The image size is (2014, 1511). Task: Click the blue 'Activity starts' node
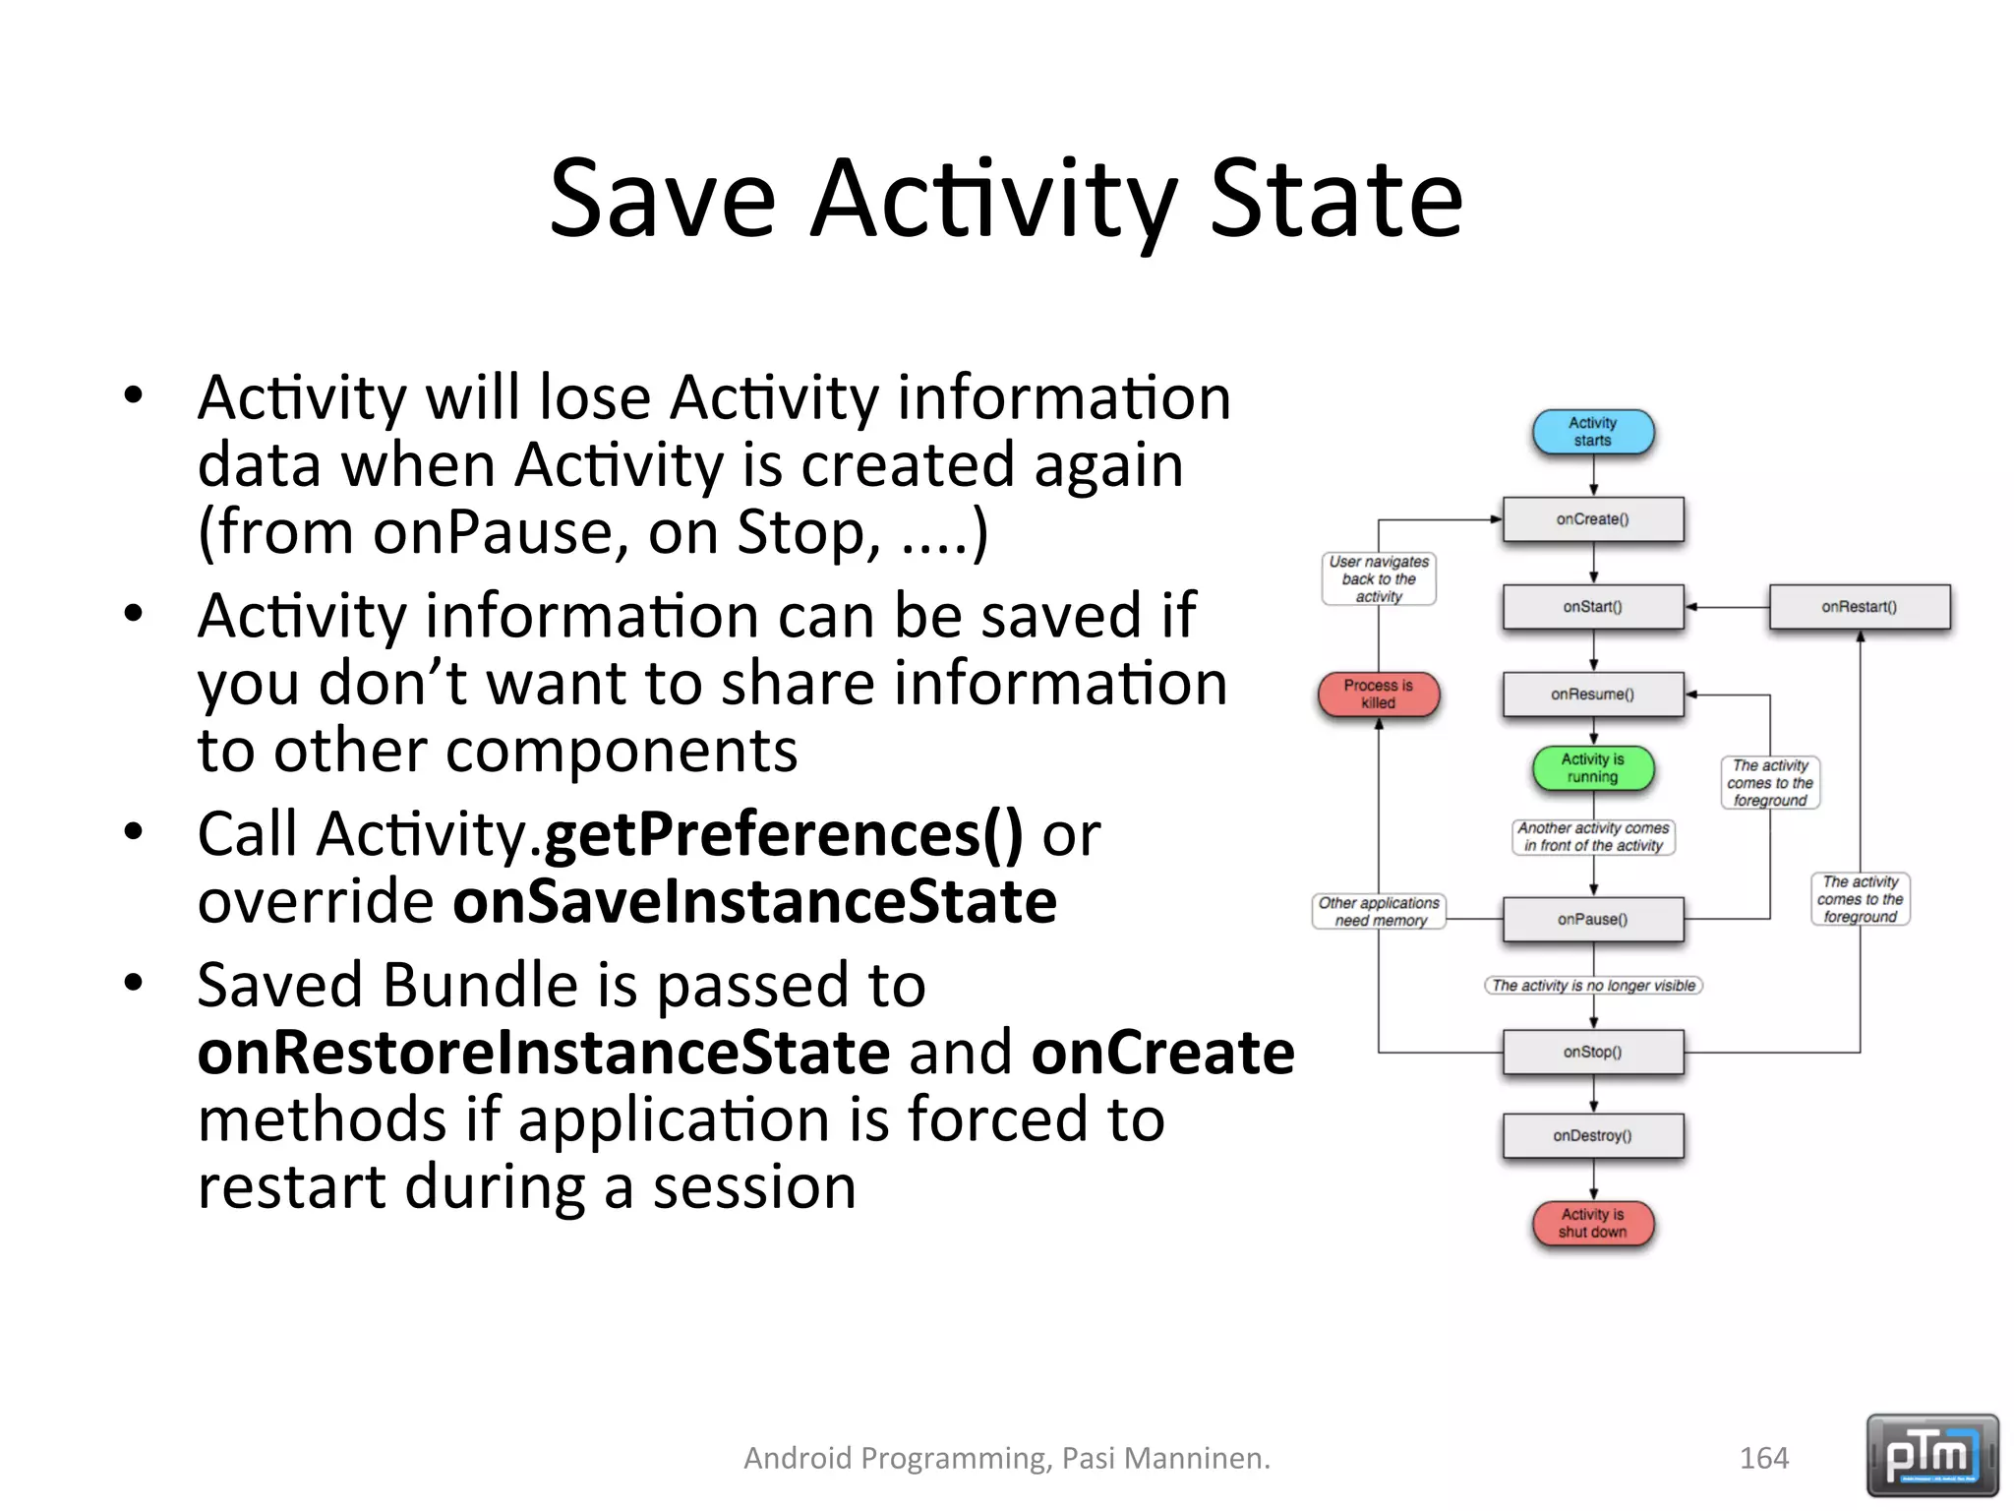click(1592, 432)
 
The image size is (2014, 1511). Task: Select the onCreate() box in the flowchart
click(1592, 519)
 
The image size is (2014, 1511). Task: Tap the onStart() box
click(1592, 607)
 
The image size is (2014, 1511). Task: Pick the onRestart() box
click(1859, 607)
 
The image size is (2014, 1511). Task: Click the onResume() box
click(1592, 695)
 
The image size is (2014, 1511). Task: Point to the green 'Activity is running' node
click(1592, 768)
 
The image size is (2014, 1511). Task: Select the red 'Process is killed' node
click(1378, 694)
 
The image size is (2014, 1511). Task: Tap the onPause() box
click(1592, 920)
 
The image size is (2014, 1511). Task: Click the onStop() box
click(1592, 1053)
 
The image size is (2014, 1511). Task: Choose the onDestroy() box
click(1592, 1136)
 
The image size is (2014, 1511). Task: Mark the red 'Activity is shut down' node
click(1592, 1223)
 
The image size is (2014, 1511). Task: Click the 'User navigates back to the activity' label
click(1379, 578)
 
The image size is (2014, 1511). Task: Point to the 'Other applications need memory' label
click(1379, 912)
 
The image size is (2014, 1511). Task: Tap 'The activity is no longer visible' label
click(1593, 986)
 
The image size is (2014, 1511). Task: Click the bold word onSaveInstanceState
click(754, 902)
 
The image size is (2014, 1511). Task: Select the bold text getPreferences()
click(783, 834)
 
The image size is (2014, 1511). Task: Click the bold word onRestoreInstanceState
click(544, 1053)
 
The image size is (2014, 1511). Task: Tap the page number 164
click(1763, 1458)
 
